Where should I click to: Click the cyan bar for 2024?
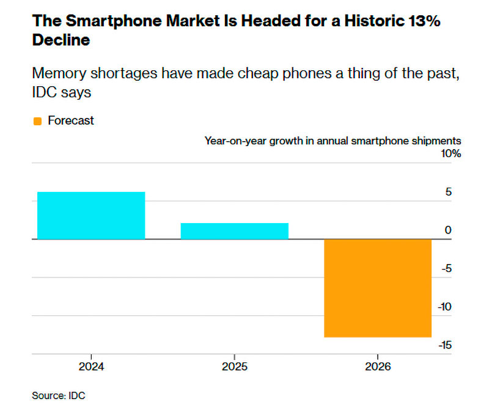pos(91,215)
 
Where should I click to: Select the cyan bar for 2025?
pos(234,231)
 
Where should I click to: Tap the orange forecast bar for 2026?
pos(377,288)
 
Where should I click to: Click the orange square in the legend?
pos(37,121)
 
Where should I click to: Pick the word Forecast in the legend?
pos(71,121)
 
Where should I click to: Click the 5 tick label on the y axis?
pos(449,192)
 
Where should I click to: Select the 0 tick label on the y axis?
pos(449,230)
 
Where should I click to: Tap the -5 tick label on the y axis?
pos(446,268)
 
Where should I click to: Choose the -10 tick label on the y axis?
pos(444,307)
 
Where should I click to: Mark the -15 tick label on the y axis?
pos(444,345)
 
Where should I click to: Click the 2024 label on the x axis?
pos(91,367)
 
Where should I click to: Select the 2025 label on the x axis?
pos(234,367)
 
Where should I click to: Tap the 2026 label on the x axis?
pos(377,367)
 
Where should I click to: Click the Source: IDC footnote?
pos(59,395)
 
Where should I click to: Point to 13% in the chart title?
pos(422,21)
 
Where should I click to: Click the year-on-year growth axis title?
pos(333,141)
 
